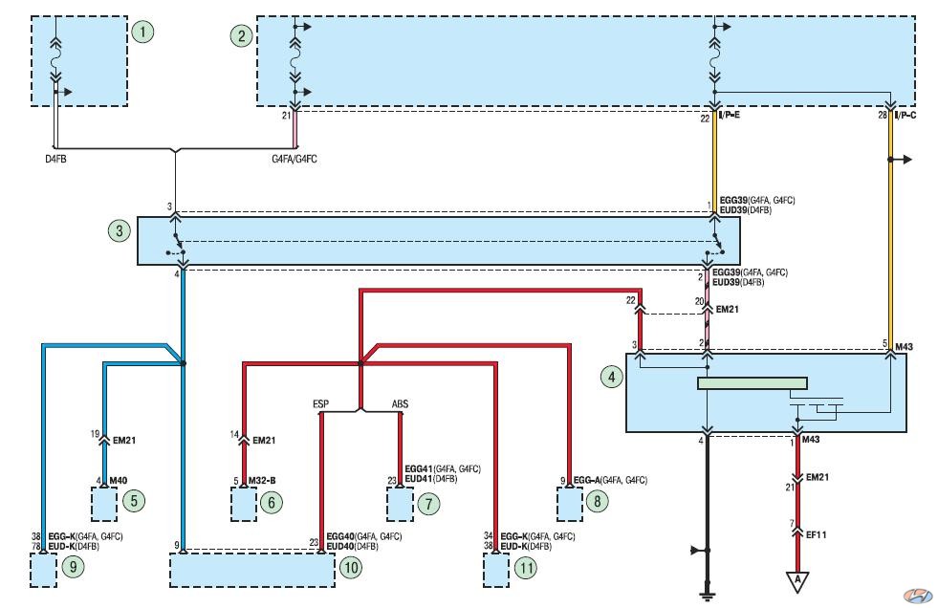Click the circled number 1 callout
(x=142, y=32)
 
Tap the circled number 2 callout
(x=242, y=36)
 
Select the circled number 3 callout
(x=120, y=230)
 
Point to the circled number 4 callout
(x=611, y=377)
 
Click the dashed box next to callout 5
(x=104, y=504)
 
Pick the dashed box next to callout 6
(x=244, y=504)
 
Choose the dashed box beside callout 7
(x=400, y=504)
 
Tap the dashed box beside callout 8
(x=570, y=504)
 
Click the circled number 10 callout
(x=351, y=567)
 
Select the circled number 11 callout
(x=526, y=567)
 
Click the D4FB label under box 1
(x=55, y=159)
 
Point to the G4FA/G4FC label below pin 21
(x=294, y=159)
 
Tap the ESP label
(x=320, y=404)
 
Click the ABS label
(x=400, y=404)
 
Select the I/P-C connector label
(x=905, y=115)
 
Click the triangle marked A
(x=796, y=581)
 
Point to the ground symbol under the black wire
(x=708, y=595)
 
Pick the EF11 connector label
(x=816, y=534)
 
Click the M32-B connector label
(x=262, y=480)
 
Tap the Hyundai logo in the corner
(x=918, y=596)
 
